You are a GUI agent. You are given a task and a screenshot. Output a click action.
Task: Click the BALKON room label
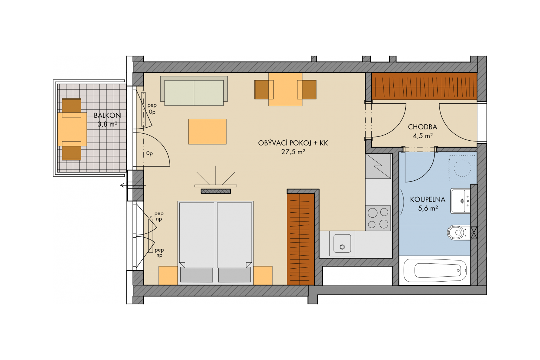[x=107, y=116]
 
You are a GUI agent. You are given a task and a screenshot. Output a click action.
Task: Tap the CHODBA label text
[x=422, y=127]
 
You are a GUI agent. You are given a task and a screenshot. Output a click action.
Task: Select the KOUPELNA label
[x=427, y=199]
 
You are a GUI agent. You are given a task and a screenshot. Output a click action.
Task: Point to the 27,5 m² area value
[x=293, y=152]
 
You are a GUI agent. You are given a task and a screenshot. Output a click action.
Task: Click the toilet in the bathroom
[x=459, y=233]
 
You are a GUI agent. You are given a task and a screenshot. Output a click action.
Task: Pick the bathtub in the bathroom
[x=435, y=270]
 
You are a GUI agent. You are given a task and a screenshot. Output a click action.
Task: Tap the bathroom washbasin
[x=460, y=201]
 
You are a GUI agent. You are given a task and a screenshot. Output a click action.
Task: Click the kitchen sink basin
[x=342, y=244]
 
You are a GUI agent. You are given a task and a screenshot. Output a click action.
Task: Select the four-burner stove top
[x=378, y=218]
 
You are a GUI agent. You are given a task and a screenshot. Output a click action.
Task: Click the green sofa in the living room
[x=194, y=91]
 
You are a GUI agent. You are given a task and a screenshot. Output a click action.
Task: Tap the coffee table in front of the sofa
[x=207, y=131]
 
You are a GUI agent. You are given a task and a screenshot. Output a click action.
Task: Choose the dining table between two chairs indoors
[x=285, y=89]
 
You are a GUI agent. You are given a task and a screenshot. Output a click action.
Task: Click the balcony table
[x=72, y=129]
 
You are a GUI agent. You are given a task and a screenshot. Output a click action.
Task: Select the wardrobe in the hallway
[x=424, y=86]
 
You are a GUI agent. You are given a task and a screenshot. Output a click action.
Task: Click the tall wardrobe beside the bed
[x=301, y=239]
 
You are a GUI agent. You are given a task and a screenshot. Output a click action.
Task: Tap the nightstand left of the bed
[x=168, y=275]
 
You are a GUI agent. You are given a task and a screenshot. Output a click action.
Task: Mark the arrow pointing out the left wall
[x=133, y=185]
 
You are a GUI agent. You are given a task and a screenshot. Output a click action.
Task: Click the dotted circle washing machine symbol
[x=462, y=168]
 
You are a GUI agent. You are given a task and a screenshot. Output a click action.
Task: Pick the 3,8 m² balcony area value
[x=107, y=124]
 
